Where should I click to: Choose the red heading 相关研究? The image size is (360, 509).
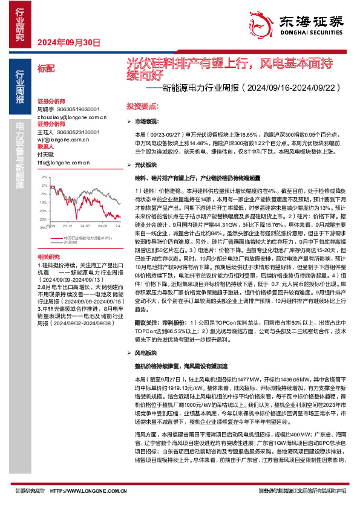point(48,257)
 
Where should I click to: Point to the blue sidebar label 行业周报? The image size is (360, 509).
point(19,88)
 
